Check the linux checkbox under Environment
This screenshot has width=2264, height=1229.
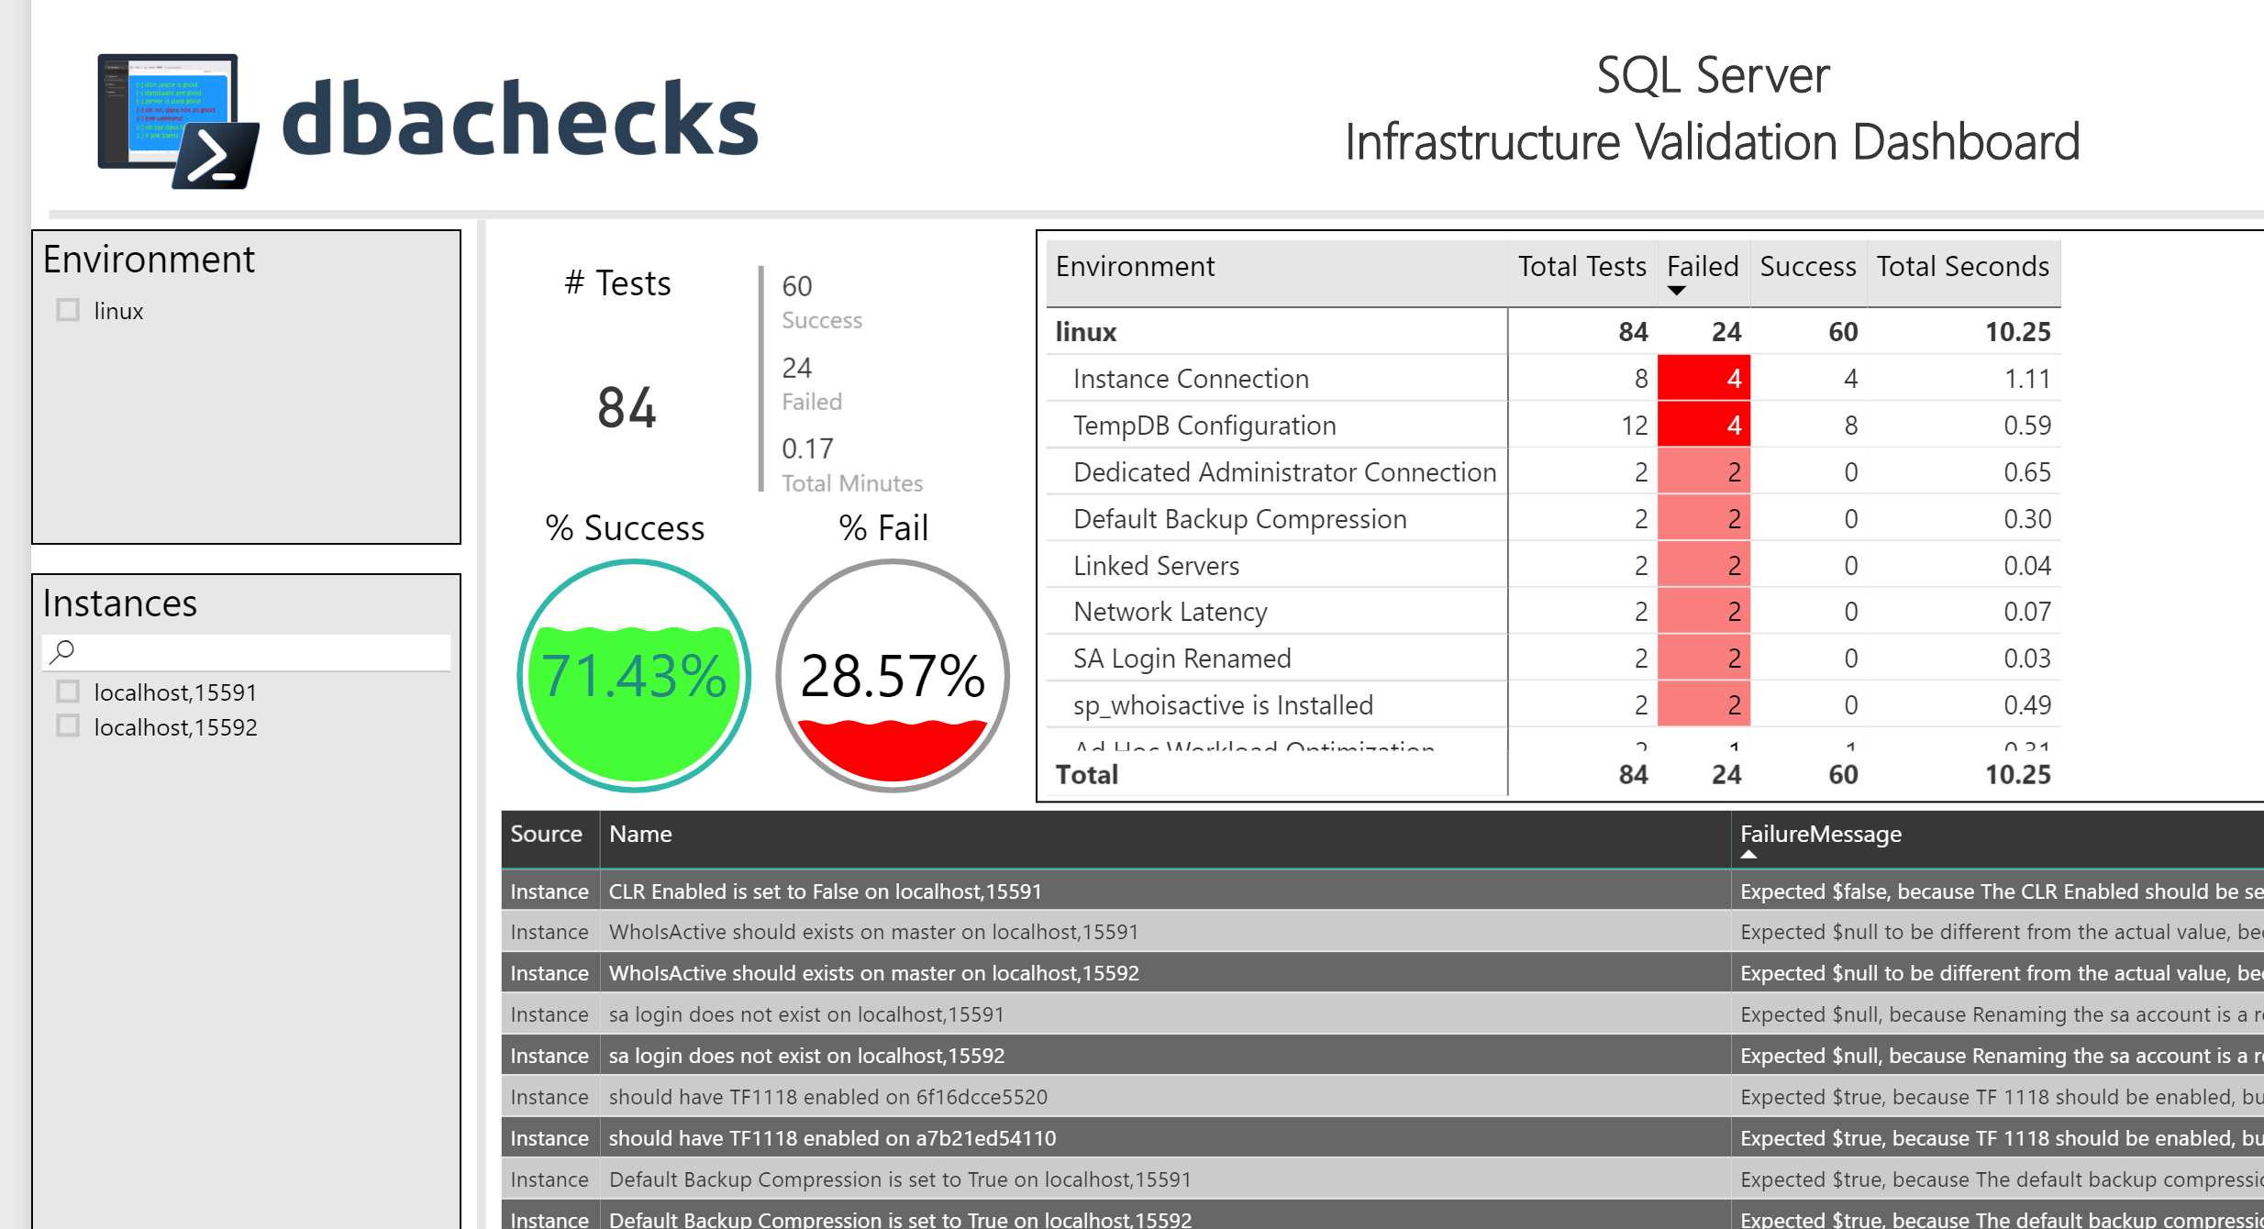coord(68,310)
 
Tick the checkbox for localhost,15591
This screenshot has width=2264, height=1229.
coord(68,692)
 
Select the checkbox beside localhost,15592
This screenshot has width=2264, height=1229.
coord(68,726)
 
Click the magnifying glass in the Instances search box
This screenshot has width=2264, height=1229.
coord(62,652)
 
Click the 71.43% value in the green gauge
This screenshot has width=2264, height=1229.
coord(634,677)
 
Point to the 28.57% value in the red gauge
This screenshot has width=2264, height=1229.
coord(893,677)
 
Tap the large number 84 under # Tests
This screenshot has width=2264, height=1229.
coord(627,408)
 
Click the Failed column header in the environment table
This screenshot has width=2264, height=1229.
coord(1703,267)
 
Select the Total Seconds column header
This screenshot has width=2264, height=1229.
coord(1962,267)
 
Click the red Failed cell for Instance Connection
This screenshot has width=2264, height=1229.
coord(1704,379)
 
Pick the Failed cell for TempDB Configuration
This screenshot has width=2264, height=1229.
coord(1704,426)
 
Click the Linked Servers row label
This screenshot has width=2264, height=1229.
coord(1156,566)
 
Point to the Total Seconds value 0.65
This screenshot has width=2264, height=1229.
coord(2026,472)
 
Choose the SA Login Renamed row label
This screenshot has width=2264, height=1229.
coord(1182,659)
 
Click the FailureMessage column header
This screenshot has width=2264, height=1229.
coord(1820,834)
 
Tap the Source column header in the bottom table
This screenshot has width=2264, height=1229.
coord(546,834)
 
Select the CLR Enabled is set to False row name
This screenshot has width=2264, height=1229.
coord(825,891)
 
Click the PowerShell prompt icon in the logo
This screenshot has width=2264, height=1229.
coord(216,156)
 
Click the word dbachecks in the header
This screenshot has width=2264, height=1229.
coord(520,120)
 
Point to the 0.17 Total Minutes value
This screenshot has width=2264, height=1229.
coord(807,448)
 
